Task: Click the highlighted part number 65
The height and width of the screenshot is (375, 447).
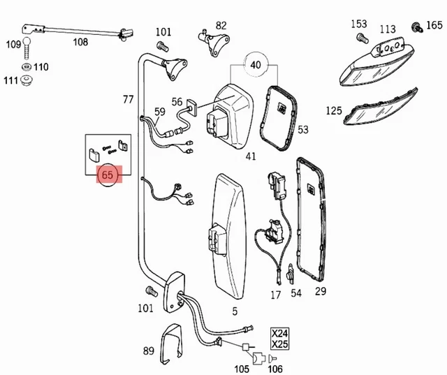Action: (108, 175)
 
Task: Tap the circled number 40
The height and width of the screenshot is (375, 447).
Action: (256, 64)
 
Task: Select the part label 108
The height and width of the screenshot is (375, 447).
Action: (81, 42)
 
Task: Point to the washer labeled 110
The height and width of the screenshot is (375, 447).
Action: (26, 67)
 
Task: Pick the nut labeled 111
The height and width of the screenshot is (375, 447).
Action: (27, 81)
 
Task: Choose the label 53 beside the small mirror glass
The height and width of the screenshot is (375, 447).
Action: (302, 130)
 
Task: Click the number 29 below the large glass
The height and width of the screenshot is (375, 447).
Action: (320, 292)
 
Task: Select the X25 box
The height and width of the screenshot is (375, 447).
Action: (279, 344)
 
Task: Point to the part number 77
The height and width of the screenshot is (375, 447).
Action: (128, 100)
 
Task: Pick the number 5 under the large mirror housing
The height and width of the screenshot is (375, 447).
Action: (235, 311)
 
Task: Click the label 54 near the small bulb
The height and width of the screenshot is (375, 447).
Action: (297, 293)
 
